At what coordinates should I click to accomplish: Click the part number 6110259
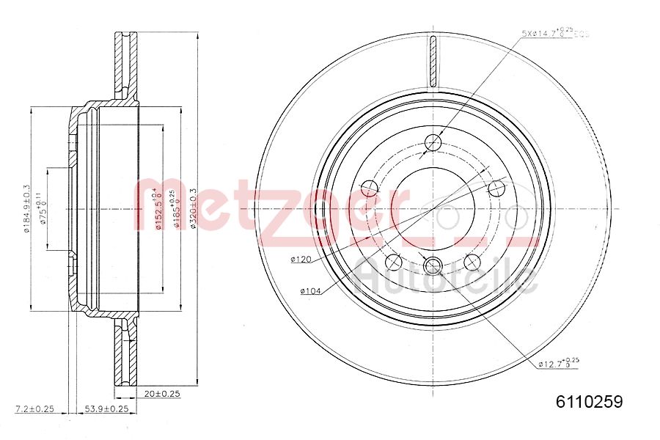pyautogui.click(x=589, y=401)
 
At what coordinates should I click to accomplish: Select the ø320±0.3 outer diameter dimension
pyautogui.click(x=194, y=208)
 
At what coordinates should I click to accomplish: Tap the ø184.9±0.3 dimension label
pyautogui.click(x=26, y=208)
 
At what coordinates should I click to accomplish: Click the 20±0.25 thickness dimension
pyautogui.click(x=162, y=394)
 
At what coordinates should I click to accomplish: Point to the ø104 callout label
pyautogui.click(x=310, y=291)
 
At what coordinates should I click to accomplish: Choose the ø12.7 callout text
pyautogui.click(x=558, y=363)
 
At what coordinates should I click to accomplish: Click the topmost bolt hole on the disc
pyautogui.click(x=433, y=142)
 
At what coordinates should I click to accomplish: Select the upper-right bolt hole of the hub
pyautogui.click(x=497, y=188)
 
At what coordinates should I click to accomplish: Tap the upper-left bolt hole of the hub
pyautogui.click(x=370, y=188)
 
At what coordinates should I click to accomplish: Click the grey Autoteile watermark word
pyautogui.click(x=447, y=277)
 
